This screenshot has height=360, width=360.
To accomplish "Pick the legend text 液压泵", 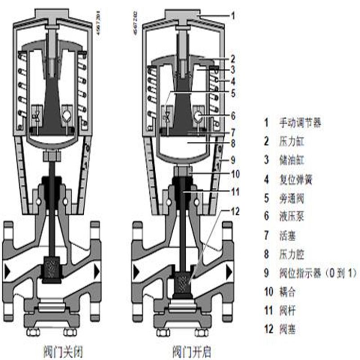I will [x=292, y=216].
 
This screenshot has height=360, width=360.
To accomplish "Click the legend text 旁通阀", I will [x=292, y=198].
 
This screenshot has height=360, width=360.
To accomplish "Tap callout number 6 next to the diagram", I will [x=233, y=116].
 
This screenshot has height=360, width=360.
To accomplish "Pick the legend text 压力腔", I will [x=292, y=254].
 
